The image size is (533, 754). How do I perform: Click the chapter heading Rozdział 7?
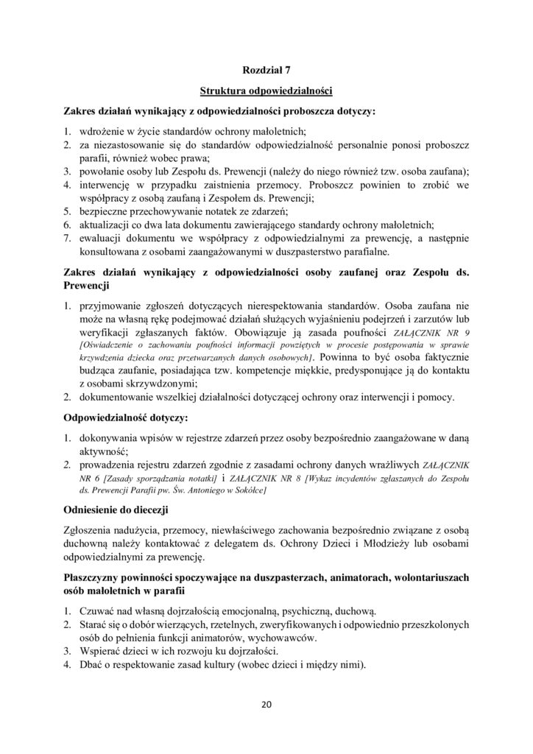[266, 71]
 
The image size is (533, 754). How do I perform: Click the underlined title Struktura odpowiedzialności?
[266, 91]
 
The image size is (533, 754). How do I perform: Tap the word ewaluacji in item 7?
[103, 236]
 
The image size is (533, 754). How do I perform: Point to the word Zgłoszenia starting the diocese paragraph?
[92, 529]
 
